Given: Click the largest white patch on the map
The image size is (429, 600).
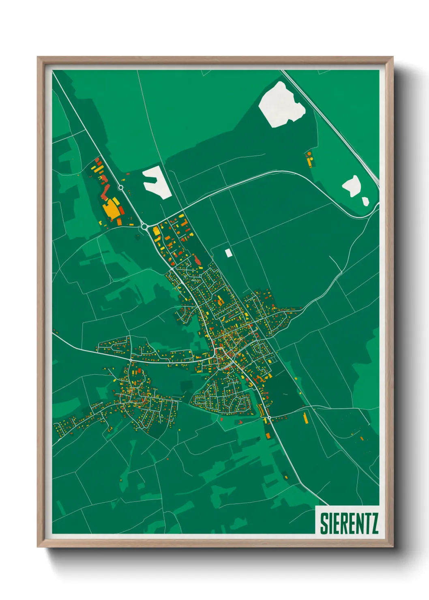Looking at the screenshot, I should pos(283,105).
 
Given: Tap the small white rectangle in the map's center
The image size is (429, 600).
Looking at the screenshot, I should pos(228,253).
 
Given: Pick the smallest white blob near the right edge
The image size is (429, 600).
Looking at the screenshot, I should pos(365,201).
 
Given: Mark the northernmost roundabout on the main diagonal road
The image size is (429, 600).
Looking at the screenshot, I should pos(120,187).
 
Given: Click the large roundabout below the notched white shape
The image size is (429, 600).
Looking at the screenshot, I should pos(144,227).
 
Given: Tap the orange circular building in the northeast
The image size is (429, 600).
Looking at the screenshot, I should pos(309,154).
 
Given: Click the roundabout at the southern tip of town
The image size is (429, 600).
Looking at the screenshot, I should pos(269,417).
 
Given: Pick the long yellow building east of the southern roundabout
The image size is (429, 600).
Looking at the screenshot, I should pos(305,418).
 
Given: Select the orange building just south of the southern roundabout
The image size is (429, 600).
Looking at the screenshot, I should pos(268,435).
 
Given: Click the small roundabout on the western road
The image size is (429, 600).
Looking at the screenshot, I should pos(131,360).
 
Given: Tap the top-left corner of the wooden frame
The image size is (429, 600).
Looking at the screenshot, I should pos(38,58).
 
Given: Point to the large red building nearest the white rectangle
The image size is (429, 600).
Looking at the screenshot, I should pos(197,261).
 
